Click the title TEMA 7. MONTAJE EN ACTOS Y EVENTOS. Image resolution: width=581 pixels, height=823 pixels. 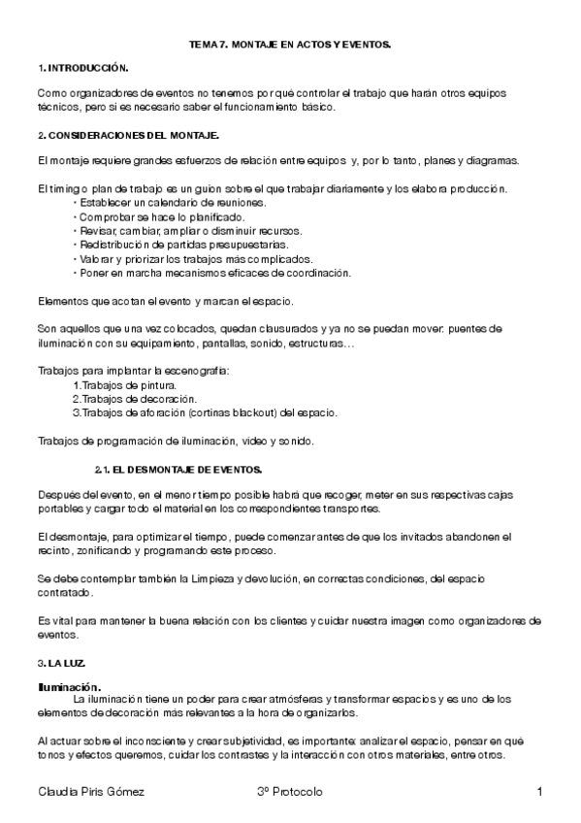click(x=290, y=46)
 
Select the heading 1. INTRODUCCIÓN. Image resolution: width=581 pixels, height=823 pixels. click(x=82, y=70)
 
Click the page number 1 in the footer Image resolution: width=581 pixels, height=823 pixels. click(x=538, y=793)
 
